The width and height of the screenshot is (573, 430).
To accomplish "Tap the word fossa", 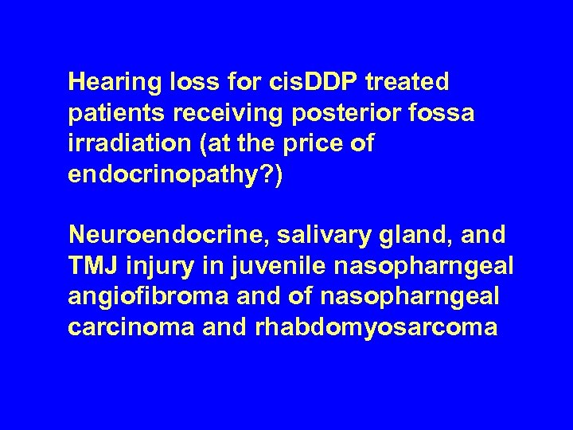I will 444,114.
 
